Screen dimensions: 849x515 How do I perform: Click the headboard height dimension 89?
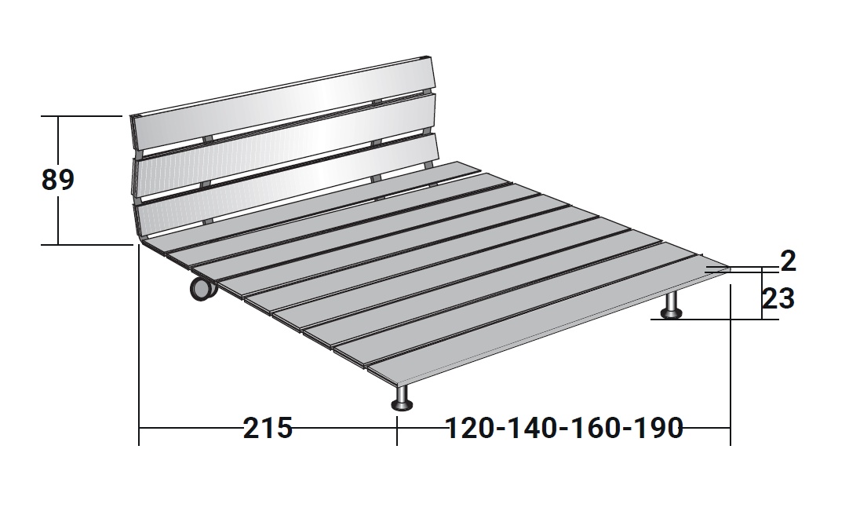57,180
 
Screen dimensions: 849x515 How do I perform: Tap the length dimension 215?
268,428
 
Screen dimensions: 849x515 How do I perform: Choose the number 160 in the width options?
596,428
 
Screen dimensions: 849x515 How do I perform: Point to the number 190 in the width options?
658,428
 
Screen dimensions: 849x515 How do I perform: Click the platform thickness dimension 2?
789,261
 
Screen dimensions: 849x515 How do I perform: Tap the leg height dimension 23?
778,298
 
